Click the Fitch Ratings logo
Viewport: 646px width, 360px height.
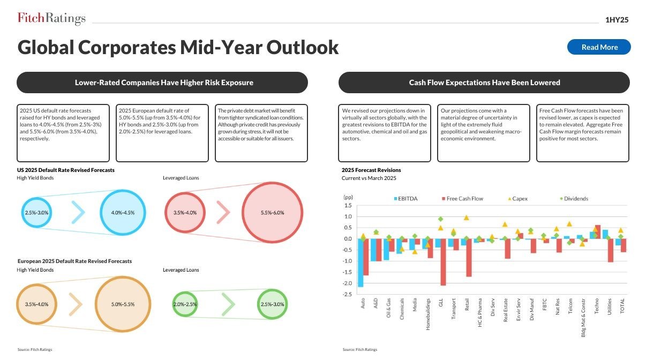point(51,19)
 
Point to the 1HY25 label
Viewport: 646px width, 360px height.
point(617,20)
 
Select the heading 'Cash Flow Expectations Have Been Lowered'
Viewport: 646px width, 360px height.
point(484,82)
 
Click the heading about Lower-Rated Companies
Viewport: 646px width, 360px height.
point(163,82)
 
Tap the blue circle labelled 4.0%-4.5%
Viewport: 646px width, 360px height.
point(123,213)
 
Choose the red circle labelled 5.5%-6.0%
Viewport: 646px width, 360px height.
point(272,213)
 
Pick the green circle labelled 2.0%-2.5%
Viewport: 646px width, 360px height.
point(185,304)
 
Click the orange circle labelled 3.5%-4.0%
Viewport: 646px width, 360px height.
point(37,304)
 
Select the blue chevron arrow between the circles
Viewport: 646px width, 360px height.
point(78,213)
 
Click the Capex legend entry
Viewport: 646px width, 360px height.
point(517,199)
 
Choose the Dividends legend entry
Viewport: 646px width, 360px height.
point(574,199)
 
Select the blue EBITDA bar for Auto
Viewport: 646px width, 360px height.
point(360,262)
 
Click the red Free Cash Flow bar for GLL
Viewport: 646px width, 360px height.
point(444,262)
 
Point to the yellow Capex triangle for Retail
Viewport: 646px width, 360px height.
point(466,217)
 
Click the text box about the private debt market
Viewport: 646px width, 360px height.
point(261,133)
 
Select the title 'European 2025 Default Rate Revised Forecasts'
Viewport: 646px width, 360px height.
point(74,261)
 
